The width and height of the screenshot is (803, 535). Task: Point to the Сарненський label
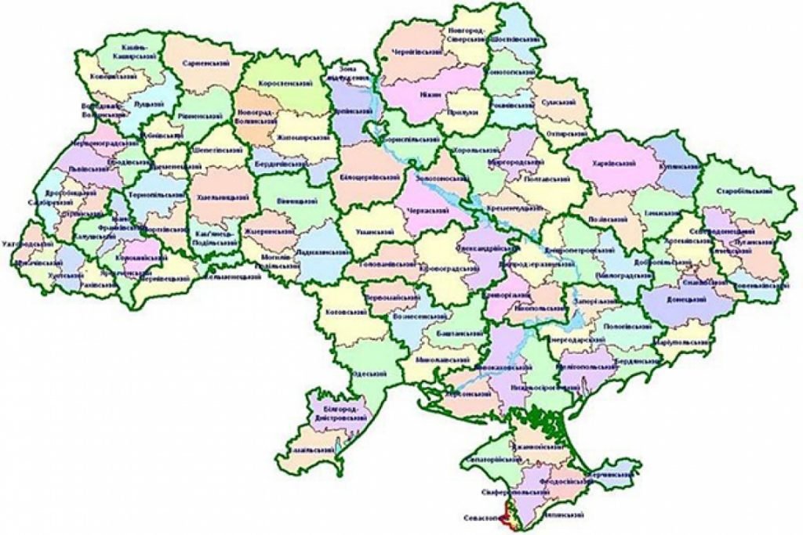(199, 62)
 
